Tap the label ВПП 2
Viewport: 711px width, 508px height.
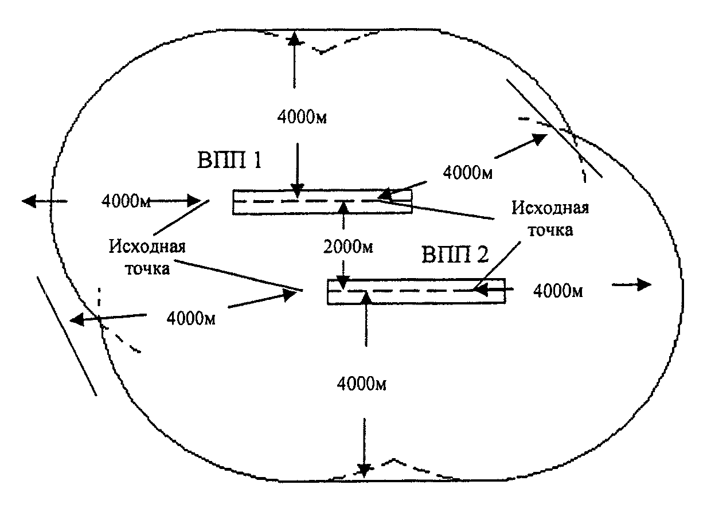[456, 255]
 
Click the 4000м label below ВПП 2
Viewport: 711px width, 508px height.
[361, 384]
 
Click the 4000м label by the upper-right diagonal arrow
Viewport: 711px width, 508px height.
[468, 172]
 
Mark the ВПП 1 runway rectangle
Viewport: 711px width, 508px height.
[322, 202]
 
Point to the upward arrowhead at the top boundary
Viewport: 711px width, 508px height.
[294, 38]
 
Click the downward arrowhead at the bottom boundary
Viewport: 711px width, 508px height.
[363, 470]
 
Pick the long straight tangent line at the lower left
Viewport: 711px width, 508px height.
[66, 335]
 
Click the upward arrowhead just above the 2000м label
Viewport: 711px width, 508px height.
[343, 206]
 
